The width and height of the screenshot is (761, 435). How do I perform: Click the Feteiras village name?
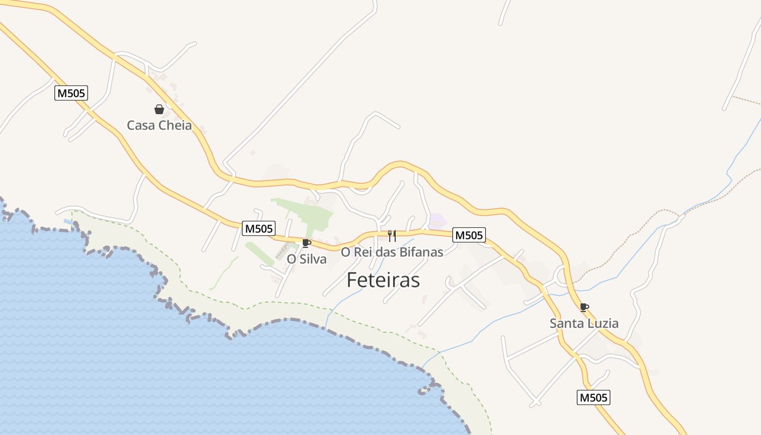click(x=383, y=280)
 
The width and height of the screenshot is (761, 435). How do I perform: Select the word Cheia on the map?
click(x=176, y=126)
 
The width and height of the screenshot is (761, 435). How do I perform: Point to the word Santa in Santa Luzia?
click(x=566, y=324)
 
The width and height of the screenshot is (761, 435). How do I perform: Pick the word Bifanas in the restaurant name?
click(x=421, y=252)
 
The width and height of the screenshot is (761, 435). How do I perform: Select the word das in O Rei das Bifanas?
click(x=386, y=252)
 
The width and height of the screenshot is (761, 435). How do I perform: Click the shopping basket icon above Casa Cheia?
click(x=159, y=109)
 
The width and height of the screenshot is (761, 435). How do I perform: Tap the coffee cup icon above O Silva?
click(x=306, y=243)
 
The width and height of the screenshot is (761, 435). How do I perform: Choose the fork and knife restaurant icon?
click(x=391, y=235)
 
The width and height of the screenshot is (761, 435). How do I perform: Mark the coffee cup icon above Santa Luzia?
click(x=584, y=307)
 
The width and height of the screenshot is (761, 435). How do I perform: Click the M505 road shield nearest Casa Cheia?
click(x=71, y=93)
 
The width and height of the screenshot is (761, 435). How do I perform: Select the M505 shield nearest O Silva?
click(x=258, y=228)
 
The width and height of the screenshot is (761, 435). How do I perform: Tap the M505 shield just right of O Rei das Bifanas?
click(x=469, y=235)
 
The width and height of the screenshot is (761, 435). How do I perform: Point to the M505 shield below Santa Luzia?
click(x=593, y=397)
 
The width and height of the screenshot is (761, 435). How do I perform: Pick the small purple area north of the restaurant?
click(x=438, y=221)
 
